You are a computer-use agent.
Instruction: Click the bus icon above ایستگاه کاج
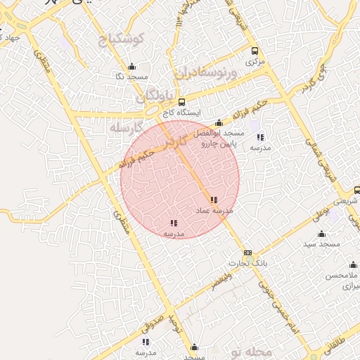(181, 103)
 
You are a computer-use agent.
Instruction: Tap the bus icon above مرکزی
(255, 51)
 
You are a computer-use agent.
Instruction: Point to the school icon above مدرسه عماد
(214, 200)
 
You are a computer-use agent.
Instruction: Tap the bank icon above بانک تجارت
(247, 252)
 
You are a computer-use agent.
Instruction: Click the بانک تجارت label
(247, 263)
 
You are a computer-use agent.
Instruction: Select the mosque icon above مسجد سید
(322, 234)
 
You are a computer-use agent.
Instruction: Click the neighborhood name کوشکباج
(121, 39)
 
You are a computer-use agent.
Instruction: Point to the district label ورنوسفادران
(202, 73)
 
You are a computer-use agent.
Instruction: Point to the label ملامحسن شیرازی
(342, 281)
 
